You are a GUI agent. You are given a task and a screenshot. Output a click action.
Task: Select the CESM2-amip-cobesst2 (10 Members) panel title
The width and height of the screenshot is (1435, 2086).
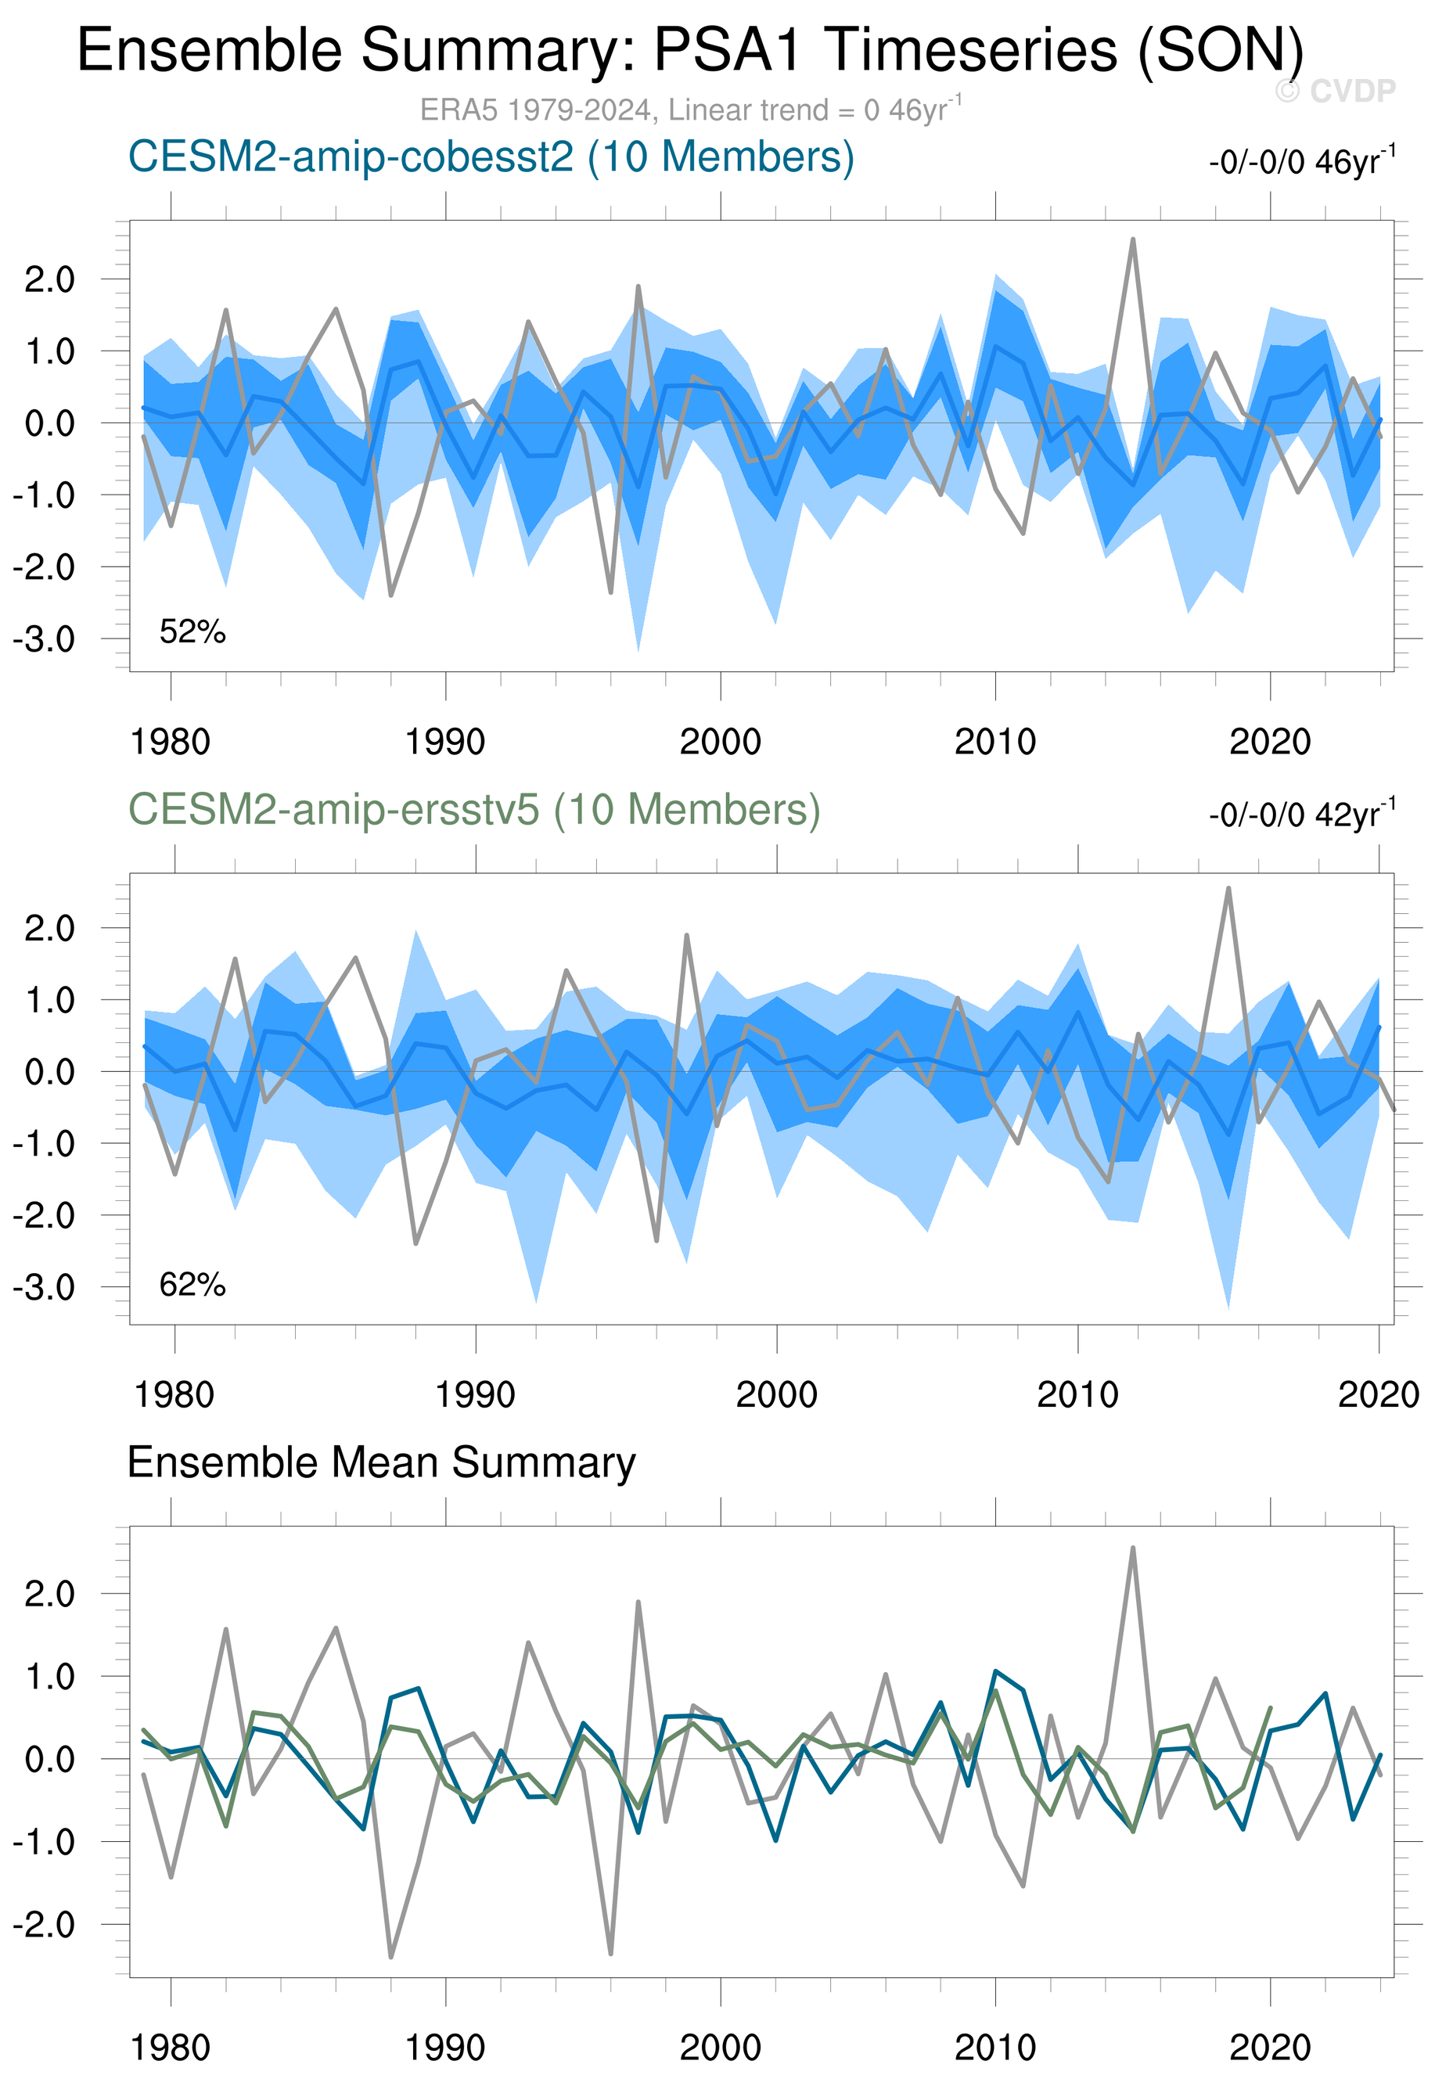coord(491,157)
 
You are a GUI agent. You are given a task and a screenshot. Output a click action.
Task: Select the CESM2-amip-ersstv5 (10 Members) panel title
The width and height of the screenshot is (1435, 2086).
coord(474,809)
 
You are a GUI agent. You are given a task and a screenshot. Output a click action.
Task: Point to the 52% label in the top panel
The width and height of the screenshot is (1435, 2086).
coord(192,632)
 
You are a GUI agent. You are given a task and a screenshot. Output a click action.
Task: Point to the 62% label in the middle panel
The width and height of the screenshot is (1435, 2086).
coord(192,1285)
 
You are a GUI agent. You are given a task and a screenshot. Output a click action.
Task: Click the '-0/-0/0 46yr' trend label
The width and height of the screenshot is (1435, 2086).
coord(1301,162)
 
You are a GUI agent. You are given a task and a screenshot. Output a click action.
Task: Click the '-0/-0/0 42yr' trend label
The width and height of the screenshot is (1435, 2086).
coord(1301,815)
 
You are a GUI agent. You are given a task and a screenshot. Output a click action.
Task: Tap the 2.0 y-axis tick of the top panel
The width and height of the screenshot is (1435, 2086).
coord(50,279)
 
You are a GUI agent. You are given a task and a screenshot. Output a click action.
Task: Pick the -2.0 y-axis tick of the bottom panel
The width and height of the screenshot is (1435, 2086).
coord(44,1925)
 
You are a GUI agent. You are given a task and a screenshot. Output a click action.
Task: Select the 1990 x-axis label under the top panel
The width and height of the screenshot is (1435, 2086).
coord(445,743)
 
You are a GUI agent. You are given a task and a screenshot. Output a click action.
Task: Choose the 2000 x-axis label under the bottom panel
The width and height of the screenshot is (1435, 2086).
coord(720,2048)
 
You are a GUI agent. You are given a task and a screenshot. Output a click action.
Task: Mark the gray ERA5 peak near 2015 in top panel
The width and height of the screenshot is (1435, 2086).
coord(1133,240)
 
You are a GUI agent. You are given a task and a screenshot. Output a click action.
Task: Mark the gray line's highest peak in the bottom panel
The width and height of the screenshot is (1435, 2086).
coord(1133,1548)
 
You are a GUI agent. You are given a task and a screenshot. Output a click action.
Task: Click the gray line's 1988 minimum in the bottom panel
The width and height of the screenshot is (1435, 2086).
coord(391,1957)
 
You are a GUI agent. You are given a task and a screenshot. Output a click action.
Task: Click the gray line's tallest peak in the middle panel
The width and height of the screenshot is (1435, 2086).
coord(1228,889)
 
